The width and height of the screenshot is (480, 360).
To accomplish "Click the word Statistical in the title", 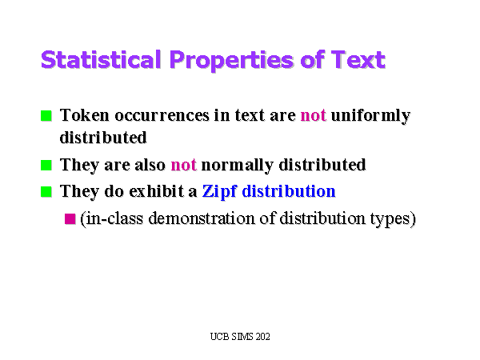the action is [x=101, y=59].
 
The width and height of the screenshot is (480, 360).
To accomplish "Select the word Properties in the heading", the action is [x=232, y=61].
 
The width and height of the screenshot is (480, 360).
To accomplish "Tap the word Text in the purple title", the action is [x=358, y=59].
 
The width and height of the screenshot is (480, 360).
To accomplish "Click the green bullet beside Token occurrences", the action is [x=46, y=116].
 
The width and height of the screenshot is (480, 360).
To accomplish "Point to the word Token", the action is [x=85, y=115].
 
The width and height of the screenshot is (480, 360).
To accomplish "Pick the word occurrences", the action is [x=162, y=116].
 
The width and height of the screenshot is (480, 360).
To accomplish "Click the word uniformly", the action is [x=370, y=117].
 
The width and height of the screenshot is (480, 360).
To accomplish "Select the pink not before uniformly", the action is [x=313, y=116].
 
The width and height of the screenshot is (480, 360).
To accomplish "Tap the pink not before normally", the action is [x=183, y=166].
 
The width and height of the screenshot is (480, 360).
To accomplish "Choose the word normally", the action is [x=238, y=166].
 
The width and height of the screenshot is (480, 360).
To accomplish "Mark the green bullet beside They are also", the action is [x=46, y=166].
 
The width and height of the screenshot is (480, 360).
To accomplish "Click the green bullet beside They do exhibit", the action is [x=46, y=192].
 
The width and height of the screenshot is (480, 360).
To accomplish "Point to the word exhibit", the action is [x=157, y=192].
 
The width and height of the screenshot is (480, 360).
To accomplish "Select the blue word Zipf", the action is [x=219, y=192].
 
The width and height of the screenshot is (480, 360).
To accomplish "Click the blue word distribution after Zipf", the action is [x=289, y=192].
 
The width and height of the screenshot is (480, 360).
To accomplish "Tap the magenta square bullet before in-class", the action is [x=70, y=219].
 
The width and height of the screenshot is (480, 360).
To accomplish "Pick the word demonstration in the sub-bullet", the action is [x=202, y=218].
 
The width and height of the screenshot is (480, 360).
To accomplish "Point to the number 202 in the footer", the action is [x=263, y=337].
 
